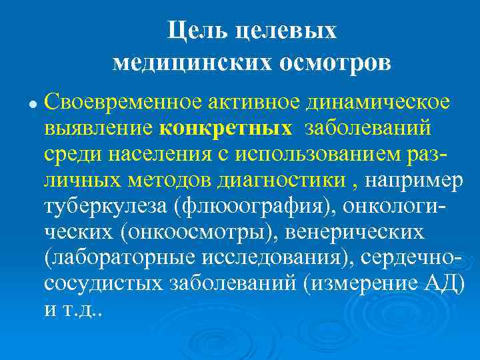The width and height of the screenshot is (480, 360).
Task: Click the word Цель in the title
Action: pyautogui.click(x=191, y=30)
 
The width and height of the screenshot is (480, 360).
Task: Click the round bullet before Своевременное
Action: pyautogui.click(x=32, y=105)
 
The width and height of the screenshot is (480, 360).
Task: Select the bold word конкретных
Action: pyautogui.click(x=226, y=127)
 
